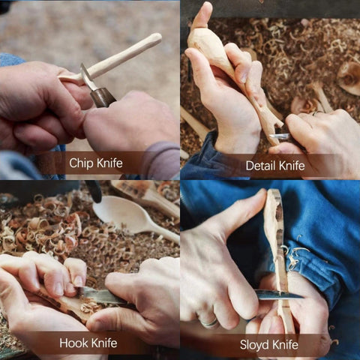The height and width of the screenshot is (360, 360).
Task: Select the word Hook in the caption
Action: (x=74, y=343)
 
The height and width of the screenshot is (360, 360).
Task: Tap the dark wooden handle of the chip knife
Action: (x=103, y=96)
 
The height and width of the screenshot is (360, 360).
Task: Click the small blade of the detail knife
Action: (x=279, y=136)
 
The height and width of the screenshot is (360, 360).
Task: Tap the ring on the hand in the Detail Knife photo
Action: (x=318, y=112)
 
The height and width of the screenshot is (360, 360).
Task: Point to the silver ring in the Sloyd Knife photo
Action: (x=209, y=322)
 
